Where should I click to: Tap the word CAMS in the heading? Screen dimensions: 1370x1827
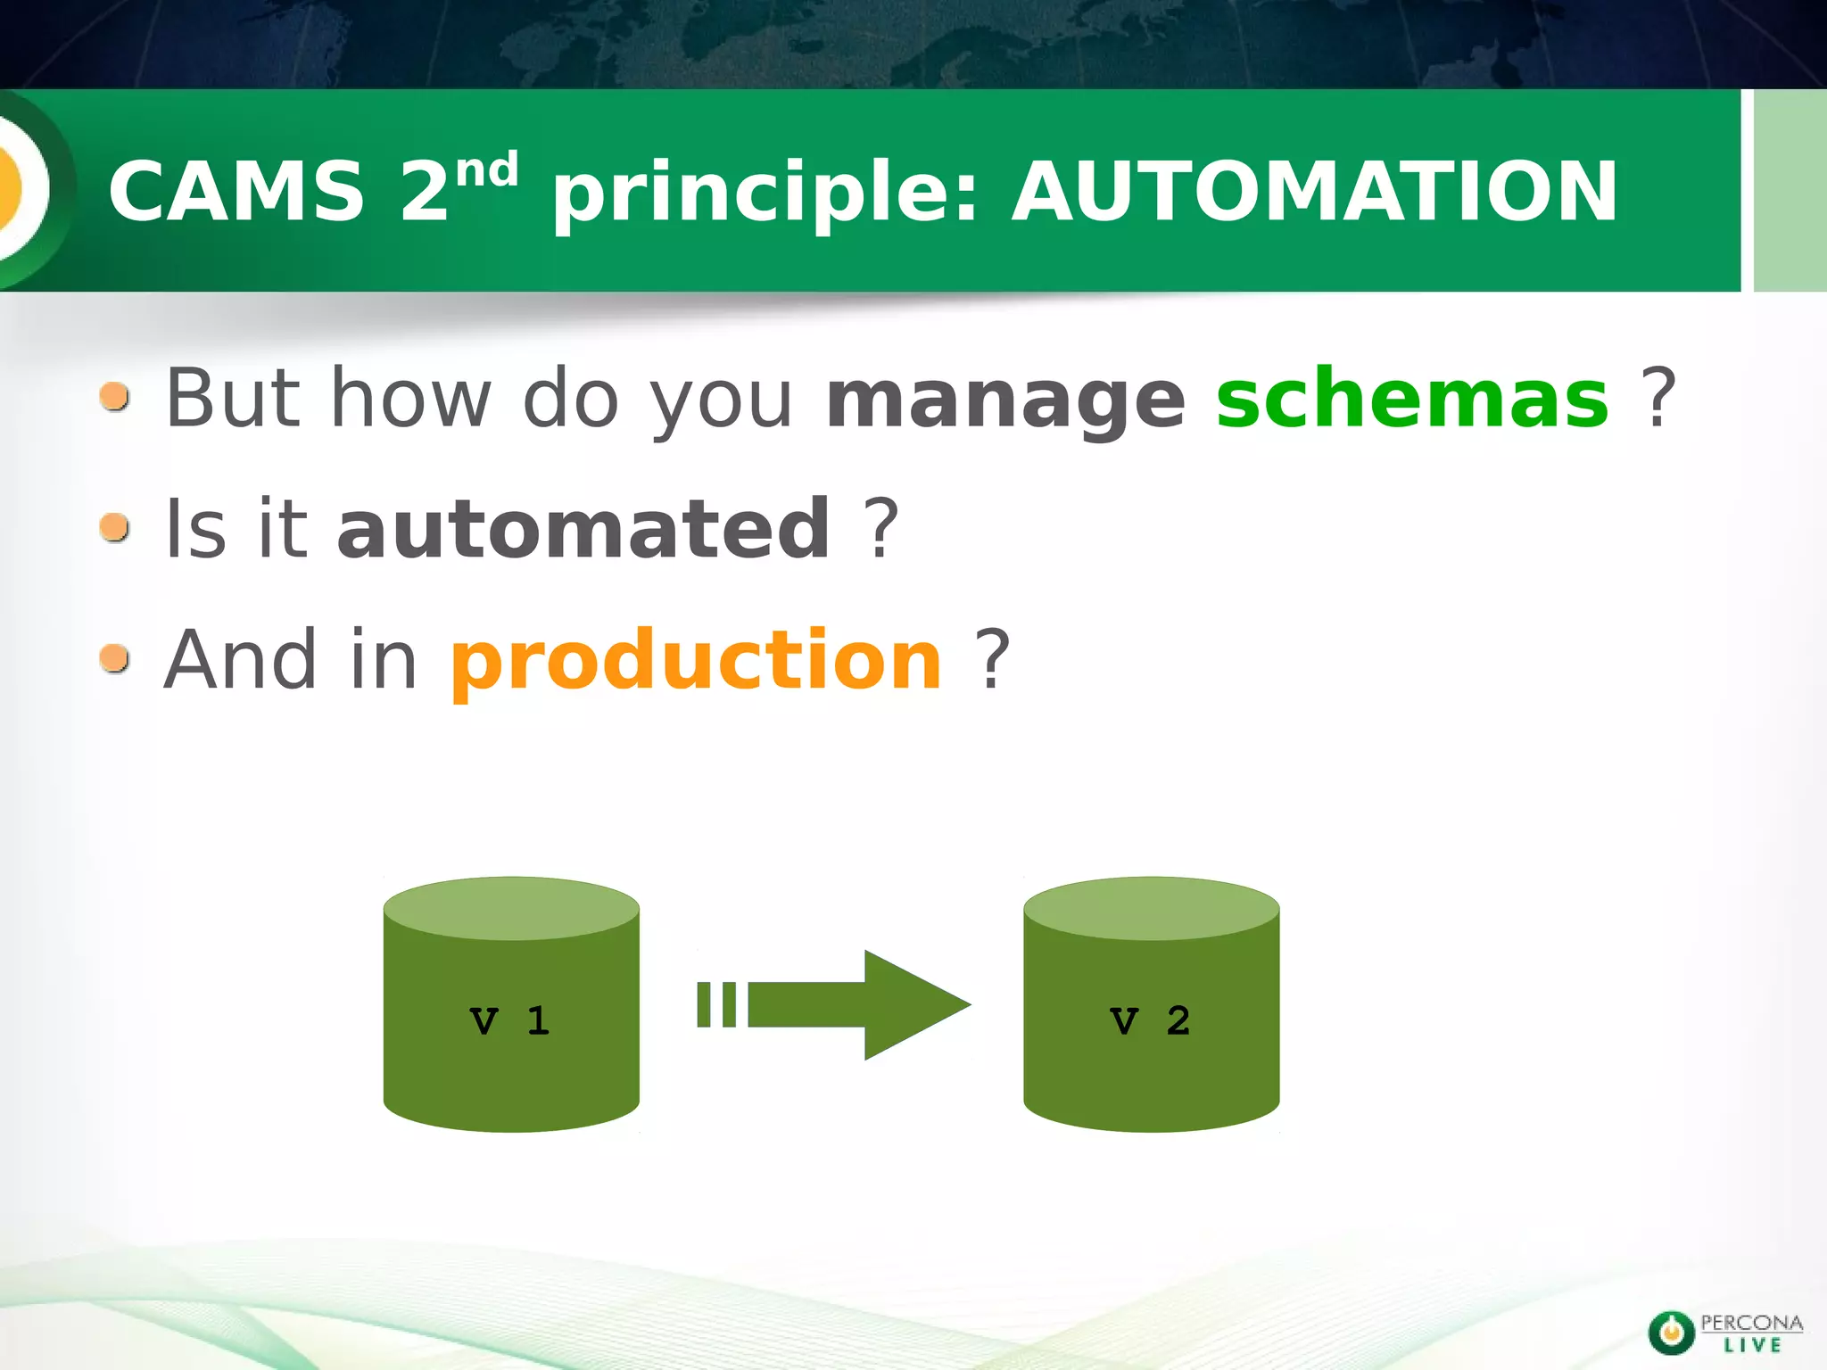(x=236, y=191)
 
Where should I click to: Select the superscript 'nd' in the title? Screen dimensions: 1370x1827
(x=487, y=169)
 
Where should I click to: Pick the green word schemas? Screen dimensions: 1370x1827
(x=1412, y=398)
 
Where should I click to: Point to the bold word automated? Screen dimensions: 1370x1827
(x=584, y=529)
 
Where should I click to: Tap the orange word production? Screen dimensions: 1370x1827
(x=696, y=661)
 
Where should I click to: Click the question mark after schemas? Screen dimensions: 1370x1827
(x=1658, y=398)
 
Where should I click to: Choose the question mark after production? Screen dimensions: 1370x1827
(x=992, y=660)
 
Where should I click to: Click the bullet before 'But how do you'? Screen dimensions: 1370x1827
(x=115, y=397)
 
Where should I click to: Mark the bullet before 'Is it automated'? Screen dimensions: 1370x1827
(x=115, y=527)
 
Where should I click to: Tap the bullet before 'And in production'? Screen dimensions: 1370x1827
(x=115, y=658)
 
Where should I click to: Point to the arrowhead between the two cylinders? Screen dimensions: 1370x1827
(x=910, y=1005)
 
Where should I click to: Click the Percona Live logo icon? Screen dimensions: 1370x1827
(x=1671, y=1333)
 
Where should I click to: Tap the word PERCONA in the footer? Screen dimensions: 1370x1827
(x=1751, y=1323)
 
